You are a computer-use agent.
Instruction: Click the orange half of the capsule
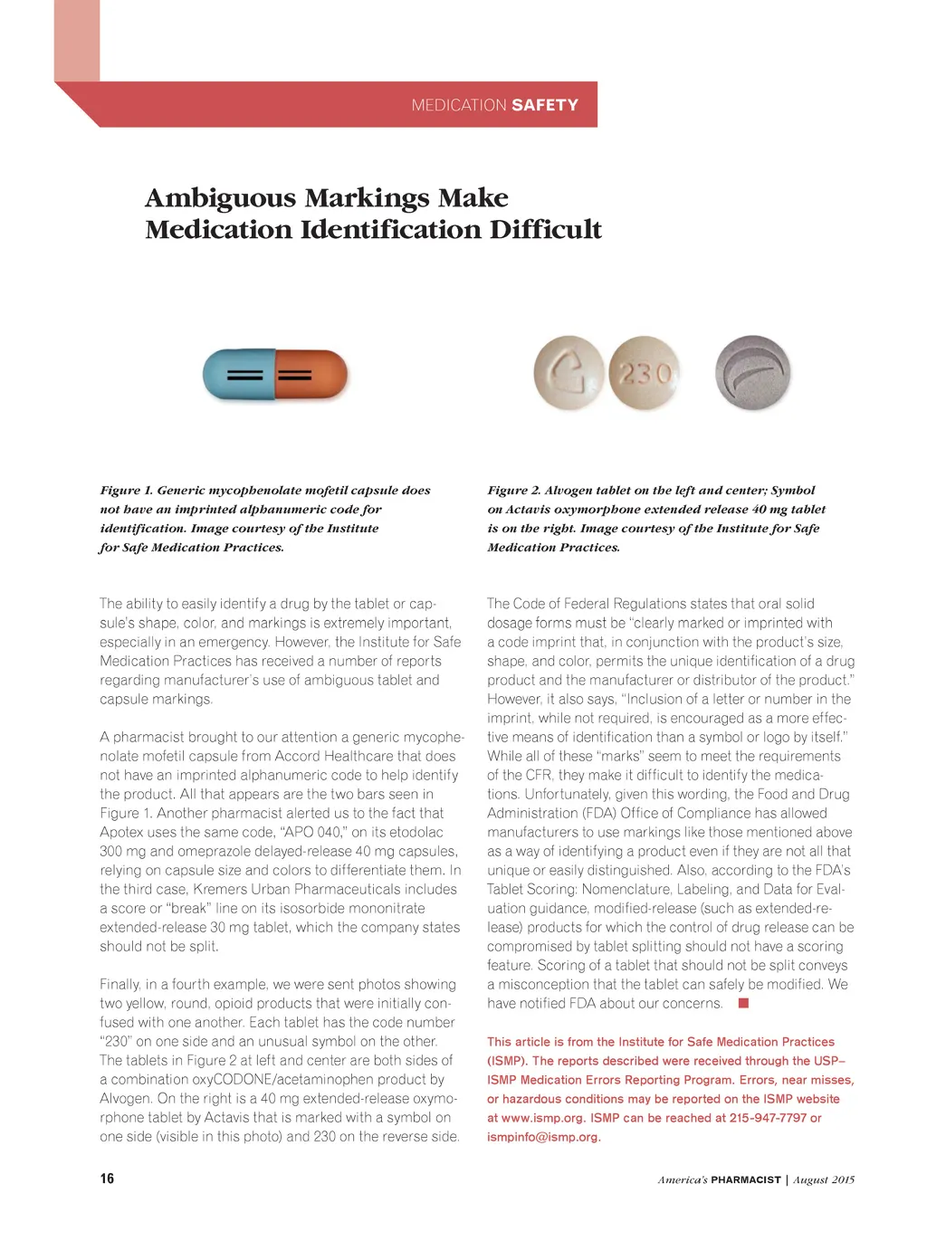pyautogui.click(x=311, y=374)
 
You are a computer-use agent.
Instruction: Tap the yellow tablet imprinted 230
pyautogui.click(x=645, y=373)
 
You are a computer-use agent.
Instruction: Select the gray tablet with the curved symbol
pyautogui.click(x=752, y=373)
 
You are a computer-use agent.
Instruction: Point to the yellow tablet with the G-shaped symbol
pyautogui.click(x=569, y=373)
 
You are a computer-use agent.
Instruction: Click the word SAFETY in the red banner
pyautogui.click(x=544, y=105)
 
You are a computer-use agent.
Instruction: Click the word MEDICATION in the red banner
pyautogui.click(x=458, y=105)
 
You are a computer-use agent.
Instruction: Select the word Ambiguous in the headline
pyautogui.click(x=221, y=197)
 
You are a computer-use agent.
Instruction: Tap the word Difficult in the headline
pyautogui.click(x=546, y=229)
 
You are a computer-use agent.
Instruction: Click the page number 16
pyautogui.click(x=107, y=1179)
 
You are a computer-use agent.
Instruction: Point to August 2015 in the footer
pyautogui.click(x=824, y=1179)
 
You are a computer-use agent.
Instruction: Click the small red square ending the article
pyautogui.click(x=744, y=1003)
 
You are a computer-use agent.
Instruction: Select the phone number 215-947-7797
pyautogui.click(x=768, y=1118)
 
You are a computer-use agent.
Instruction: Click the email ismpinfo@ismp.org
pyautogui.click(x=543, y=1137)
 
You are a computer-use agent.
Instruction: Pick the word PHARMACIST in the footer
pyautogui.click(x=746, y=1179)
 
